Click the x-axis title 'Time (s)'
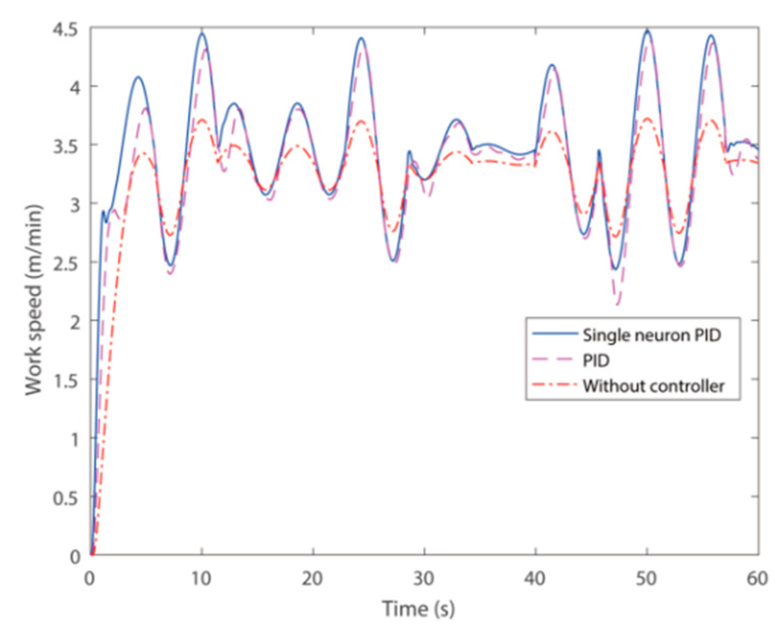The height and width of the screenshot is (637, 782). click(418, 609)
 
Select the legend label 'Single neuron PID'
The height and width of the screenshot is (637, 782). click(651, 335)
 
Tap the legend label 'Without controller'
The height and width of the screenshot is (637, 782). click(654, 385)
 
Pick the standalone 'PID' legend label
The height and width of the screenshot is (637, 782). click(596, 361)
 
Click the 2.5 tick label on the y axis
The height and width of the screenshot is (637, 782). click(68, 263)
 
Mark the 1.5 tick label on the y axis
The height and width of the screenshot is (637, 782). click(68, 380)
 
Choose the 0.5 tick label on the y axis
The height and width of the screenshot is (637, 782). click(68, 497)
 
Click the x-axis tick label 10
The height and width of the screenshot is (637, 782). click(201, 579)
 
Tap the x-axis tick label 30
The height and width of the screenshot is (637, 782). click(424, 579)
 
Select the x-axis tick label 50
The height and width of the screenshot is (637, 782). click(647, 579)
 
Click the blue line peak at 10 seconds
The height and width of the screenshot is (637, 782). click(202, 34)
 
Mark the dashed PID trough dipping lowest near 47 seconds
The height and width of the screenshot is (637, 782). click(618, 305)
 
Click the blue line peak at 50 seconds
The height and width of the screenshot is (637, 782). click(647, 31)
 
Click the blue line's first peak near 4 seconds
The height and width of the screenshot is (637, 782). click(138, 77)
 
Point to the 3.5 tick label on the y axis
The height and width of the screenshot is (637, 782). click(68, 145)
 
